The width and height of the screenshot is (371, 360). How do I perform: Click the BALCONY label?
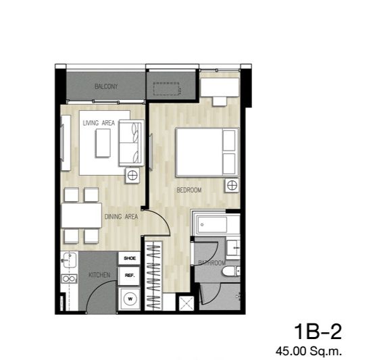pyautogui.click(x=106, y=86)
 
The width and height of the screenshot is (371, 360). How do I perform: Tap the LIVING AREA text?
pyautogui.click(x=99, y=123)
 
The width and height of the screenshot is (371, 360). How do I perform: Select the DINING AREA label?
pyautogui.click(x=121, y=216)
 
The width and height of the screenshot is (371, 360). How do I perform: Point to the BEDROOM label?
pyautogui.click(x=189, y=190)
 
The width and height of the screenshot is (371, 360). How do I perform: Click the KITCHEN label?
pyautogui.click(x=99, y=275)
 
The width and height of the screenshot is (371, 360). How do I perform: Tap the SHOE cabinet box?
pyautogui.click(x=130, y=258)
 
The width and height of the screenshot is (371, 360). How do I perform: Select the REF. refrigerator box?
pyautogui.click(x=130, y=276)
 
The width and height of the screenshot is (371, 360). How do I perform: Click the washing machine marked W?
pyautogui.click(x=130, y=299)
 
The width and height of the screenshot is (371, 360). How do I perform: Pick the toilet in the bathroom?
pyautogui.click(x=231, y=271)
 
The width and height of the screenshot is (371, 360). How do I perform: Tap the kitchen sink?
pyautogui.click(x=70, y=260)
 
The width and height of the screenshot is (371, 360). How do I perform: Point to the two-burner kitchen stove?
pyautogui.click(x=69, y=279)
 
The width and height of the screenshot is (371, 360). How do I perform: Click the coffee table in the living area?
pyautogui.click(x=103, y=143)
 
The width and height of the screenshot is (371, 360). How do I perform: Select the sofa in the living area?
pyautogui.click(x=131, y=143)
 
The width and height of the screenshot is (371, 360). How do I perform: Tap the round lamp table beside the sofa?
pyautogui.click(x=132, y=175)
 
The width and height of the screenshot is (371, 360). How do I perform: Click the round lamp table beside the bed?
pyautogui.click(x=232, y=185)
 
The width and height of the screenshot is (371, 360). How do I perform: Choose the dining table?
pyautogui.click(x=82, y=215)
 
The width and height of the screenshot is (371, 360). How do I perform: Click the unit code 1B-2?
pyautogui.click(x=318, y=332)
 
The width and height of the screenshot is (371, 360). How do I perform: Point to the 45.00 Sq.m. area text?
pyautogui.click(x=309, y=351)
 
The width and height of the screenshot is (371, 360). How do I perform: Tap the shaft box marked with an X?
pyautogui.click(x=187, y=303)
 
